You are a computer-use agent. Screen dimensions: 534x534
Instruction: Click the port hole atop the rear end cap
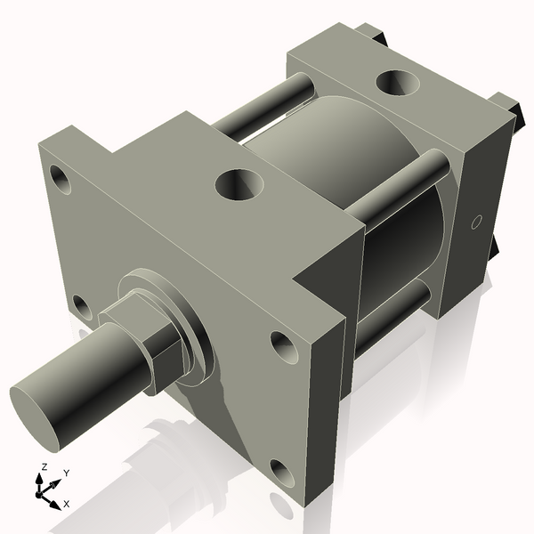click(x=397, y=82)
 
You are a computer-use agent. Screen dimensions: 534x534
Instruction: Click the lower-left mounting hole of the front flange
click(x=81, y=307)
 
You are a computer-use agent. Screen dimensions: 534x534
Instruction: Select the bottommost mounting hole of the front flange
click(x=283, y=473)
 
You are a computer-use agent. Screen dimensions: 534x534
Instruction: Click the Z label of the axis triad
click(x=44, y=466)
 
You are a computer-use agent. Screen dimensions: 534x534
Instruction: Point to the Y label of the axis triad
click(x=66, y=472)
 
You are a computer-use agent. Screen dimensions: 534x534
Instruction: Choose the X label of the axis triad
click(x=66, y=504)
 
